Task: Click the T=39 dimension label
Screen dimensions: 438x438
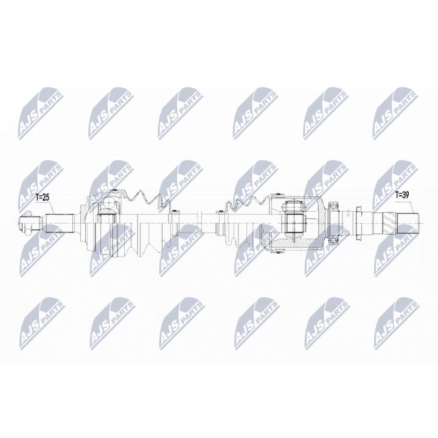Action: (403, 195)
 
